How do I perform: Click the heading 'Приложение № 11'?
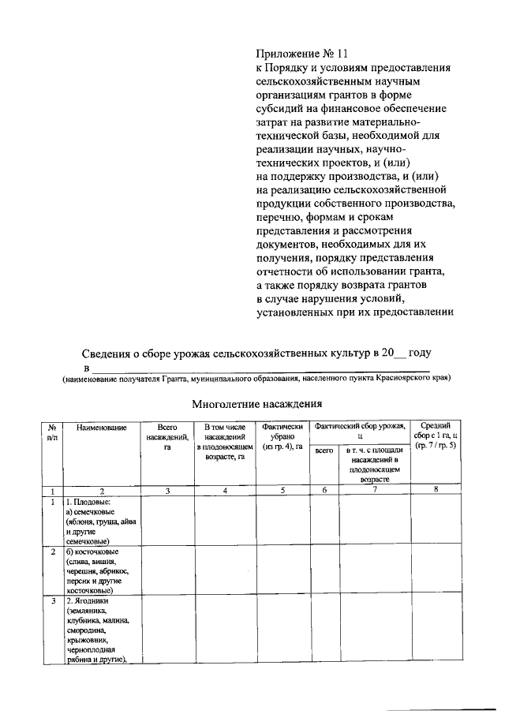pyautogui.click(x=301, y=54)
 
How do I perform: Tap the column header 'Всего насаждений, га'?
pyautogui.click(x=167, y=436)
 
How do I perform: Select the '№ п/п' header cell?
pyautogui.click(x=52, y=431)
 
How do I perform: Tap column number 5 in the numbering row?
pyautogui.click(x=282, y=491)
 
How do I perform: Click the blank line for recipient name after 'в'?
pyautogui.click(x=260, y=368)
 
